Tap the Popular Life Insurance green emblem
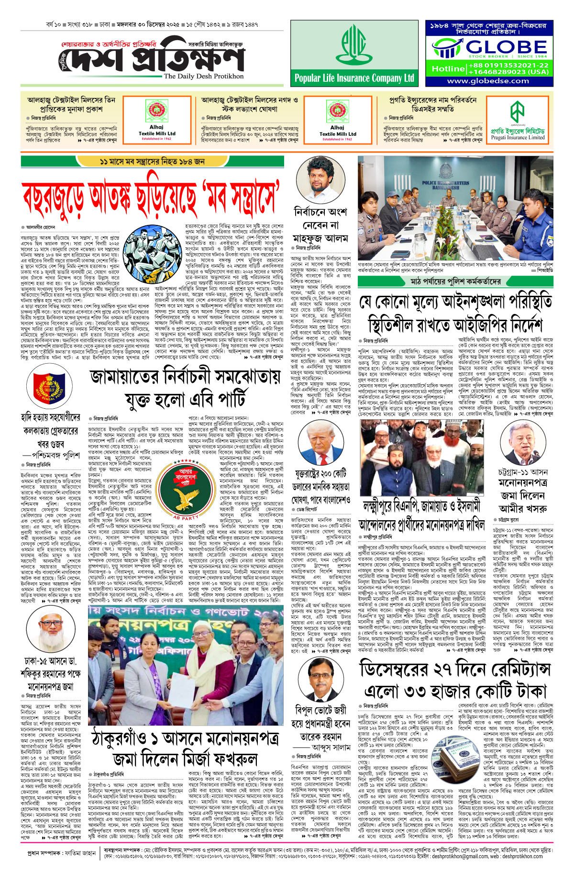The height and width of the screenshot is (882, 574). pyautogui.click(x=353, y=45)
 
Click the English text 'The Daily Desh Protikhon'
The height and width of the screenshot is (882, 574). pyautogui.click(x=204, y=76)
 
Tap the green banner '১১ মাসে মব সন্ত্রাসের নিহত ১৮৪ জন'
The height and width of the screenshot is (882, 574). pyautogui.click(x=152, y=162)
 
